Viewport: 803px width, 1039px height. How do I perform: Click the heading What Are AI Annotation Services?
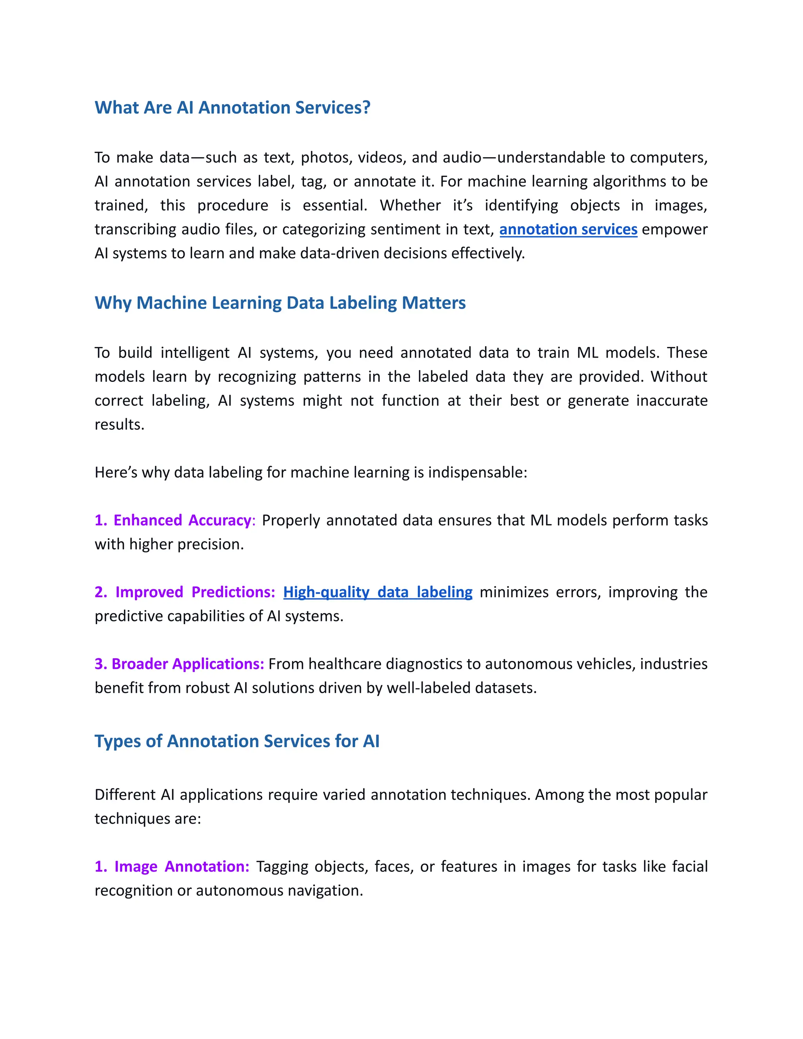coord(232,107)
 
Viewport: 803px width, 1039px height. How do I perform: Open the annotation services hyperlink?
coord(568,229)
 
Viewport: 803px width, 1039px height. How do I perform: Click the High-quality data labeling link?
coord(378,592)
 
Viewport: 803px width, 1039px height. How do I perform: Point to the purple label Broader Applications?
coord(187,664)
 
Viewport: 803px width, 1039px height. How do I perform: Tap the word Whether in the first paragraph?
coord(410,205)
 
